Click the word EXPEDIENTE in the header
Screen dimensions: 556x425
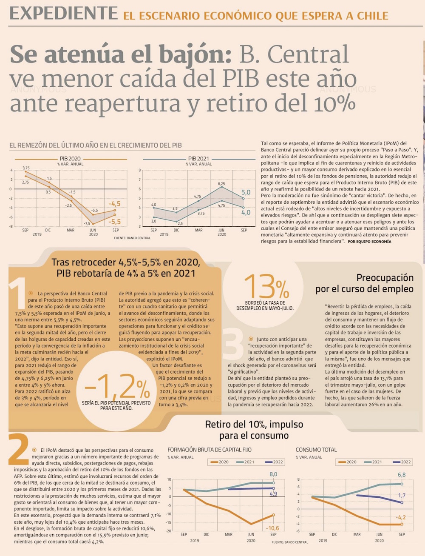click(63, 14)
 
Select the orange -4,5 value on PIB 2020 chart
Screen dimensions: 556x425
click(114, 204)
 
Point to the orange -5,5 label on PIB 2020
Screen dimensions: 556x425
click(114, 222)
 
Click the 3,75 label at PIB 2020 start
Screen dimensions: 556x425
click(26, 168)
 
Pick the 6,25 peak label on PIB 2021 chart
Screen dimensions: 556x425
click(221, 184)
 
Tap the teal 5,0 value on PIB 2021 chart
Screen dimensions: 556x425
click(246, 193)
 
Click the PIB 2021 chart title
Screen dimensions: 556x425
click(198, 159)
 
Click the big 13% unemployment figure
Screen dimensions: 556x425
click(266, 287)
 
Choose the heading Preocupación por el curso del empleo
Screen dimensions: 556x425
click(364, 283)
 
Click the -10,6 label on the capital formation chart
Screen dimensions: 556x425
click(272, 528)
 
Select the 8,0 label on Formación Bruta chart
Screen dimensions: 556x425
click(273, 474)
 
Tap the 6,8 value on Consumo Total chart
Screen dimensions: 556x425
click(402, 475)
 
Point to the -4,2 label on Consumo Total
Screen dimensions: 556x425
click(400, 517)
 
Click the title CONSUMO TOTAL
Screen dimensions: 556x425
click(316, 450)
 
